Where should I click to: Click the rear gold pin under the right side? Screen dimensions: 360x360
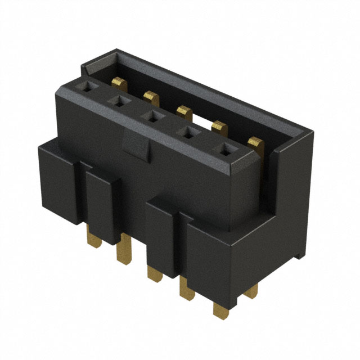tap(252, 291)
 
